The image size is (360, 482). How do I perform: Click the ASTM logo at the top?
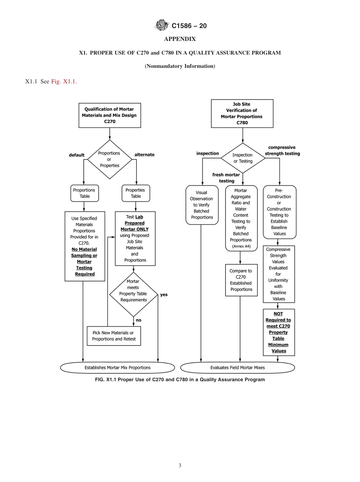pyautogui.click(x=161, y=25)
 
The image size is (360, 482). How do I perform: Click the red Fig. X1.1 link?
pyautogui.click(x=64, y=81)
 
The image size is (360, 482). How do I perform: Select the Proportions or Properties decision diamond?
pyautogui.click(x=110, y=160)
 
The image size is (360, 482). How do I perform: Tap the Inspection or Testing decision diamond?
pyautogui.click(x=243, y=158)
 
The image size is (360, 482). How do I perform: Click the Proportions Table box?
pyautogui.click(x=85, y=193)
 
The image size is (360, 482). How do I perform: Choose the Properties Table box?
pyautogui.click(x=136, y=193)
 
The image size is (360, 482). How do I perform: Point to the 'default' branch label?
pyautogui.click(x=77, y=155)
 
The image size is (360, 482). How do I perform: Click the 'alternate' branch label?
pyautogui.click(x=144, y=155)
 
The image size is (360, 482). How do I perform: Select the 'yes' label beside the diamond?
pyautogui.click(x=164, y=294)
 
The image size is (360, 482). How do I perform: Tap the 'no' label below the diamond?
pyautogui.click(x=138, y=320)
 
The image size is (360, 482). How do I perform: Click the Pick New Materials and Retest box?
pyautogui.click(x=114, y=336)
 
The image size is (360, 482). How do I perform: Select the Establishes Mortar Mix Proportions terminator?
pyautogui.click(x=117, y=368)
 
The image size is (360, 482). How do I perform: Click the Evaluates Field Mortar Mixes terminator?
pyautogui.click(x=238, y=368)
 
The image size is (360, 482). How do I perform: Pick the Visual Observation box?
pyautogui.click(x=202, y=205)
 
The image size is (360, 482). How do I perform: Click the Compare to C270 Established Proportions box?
pyautogui.click(x=241, y=280)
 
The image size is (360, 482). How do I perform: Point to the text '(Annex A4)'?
pyautogui.click(x=241, y=246)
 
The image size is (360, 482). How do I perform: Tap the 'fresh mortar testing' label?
pyautogui.click(x=226, y=178)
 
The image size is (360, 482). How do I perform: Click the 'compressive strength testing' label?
pyautogui.click(x=282, y=150)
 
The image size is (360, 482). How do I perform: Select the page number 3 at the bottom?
pyautogui.click(x=180, y=466)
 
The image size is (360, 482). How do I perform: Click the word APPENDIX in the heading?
pyautogui.click(x=180, y=39)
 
